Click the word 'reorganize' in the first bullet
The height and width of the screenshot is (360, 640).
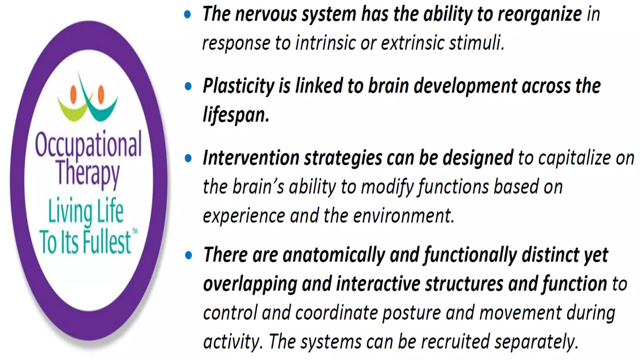pyautogui.click(x=540, y=14)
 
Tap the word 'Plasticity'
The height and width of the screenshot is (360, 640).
pyautogui.click(x=238, y=86)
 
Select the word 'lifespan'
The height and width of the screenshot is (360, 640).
pyautogui.click(x=235, y=115)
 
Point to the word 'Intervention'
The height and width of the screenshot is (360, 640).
pyautogui.click(x=251, y=158)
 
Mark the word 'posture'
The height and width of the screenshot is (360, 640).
pyautogui.click(x=412, y=312)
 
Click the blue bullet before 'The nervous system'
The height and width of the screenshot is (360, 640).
pyautogui.click(x=188, y=14)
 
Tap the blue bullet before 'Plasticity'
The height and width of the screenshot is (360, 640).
pyautogui.click(x=188, y=86)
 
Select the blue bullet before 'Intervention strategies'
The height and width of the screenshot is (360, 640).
pyautogui.click(x=188, y=158)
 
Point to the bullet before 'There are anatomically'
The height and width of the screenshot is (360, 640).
pyautogui.click(x=188, y=255)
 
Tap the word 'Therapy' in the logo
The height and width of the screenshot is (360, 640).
pyautogui.click(x=88, y=172)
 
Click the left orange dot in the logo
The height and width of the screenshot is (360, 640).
pyautogui.click(x=73, y=94)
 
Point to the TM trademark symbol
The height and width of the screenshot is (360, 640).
pyautogui.click(x=135, y=232)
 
